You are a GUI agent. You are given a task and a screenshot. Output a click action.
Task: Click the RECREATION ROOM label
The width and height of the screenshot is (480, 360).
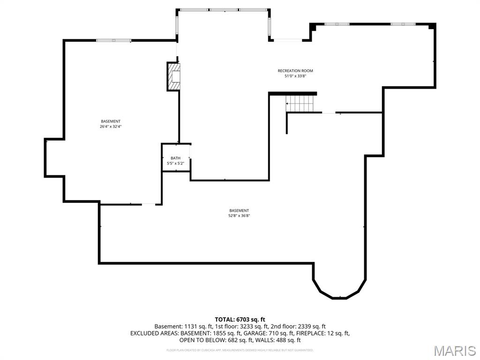[295, 71]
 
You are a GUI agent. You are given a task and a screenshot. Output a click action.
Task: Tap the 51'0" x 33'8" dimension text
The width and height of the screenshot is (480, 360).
[295, 76]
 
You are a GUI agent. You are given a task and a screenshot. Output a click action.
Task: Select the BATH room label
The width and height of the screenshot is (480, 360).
[175, 158]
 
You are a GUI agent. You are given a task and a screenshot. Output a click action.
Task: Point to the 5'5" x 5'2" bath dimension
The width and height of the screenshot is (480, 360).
[175, 163]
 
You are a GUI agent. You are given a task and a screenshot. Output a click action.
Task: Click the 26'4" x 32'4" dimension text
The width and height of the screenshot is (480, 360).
[111, 127]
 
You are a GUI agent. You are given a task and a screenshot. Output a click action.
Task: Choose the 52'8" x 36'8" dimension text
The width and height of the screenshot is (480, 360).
[239, 216]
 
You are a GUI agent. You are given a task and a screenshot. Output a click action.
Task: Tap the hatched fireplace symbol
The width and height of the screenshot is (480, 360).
[174, 77]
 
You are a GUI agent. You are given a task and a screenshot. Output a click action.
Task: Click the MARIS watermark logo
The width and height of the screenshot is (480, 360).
[455, 351]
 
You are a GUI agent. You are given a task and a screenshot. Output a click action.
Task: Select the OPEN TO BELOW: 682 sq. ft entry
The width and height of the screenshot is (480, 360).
[216, 340]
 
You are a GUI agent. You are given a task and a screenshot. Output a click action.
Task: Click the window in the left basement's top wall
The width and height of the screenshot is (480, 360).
[113, 40]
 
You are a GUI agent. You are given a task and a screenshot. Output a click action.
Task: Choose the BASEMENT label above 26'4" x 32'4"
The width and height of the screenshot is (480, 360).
[111, 121]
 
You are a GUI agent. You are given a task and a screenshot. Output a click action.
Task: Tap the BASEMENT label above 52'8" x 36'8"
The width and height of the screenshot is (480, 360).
[239, 210]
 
